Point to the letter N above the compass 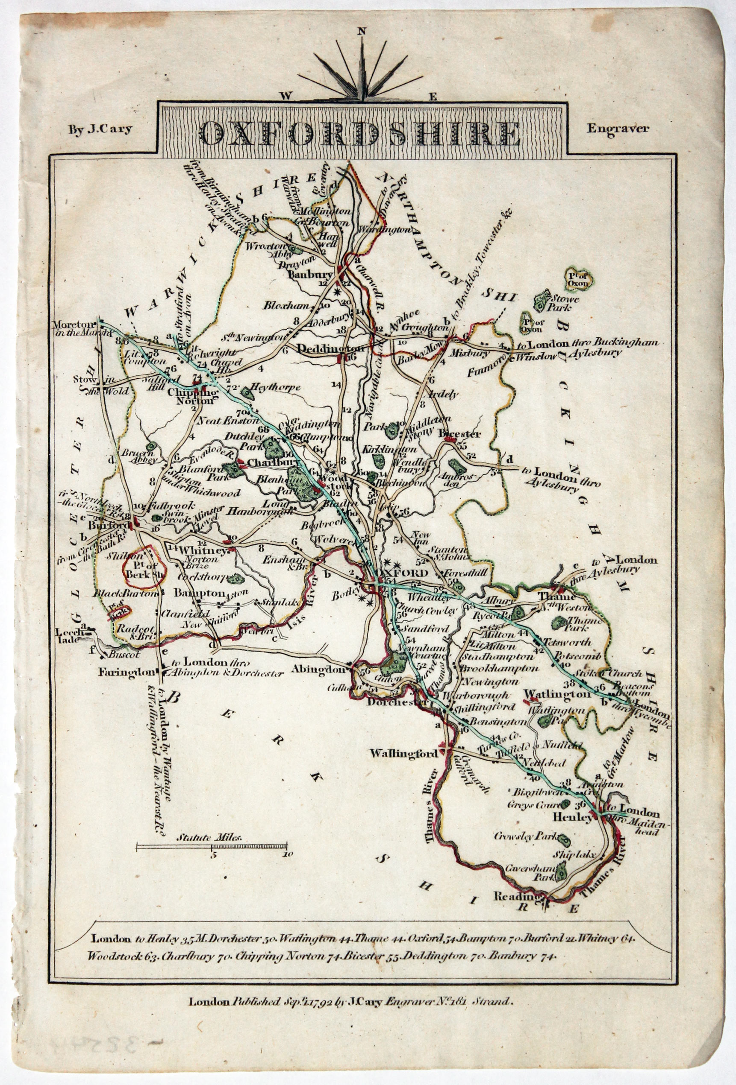coord(361,32)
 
